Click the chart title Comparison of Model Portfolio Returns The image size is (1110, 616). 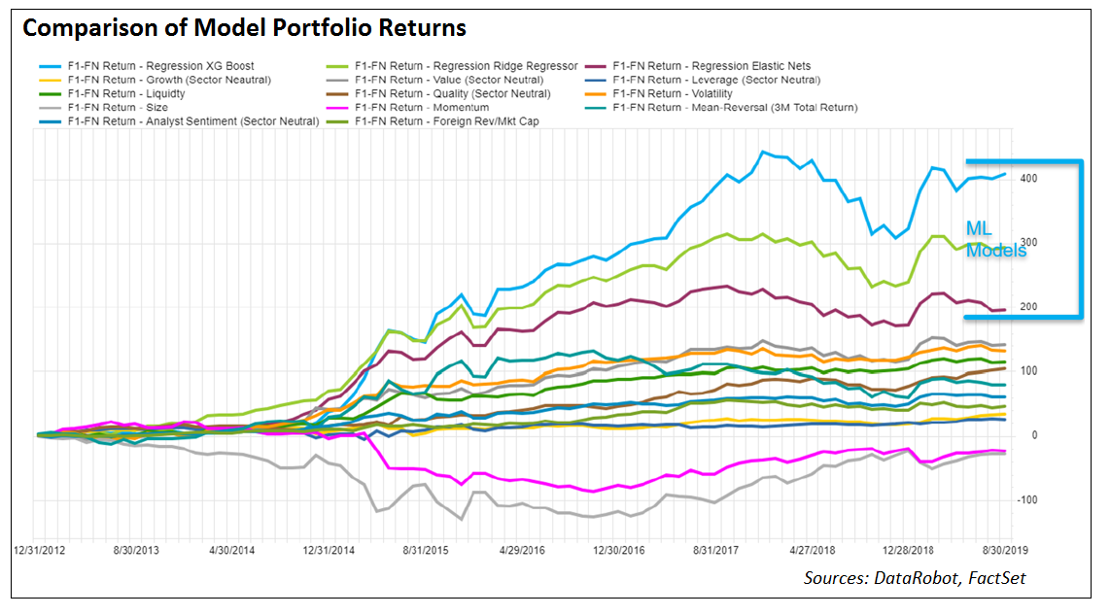pos(244,28)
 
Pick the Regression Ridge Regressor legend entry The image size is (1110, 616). pos(467,66)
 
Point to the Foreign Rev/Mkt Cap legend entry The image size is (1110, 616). pos(446,121)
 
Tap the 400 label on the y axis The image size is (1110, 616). pos(1027,179)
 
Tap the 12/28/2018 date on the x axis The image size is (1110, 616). pos(910,549)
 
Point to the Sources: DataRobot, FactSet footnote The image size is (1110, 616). pos(914,578)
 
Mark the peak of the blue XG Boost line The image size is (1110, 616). pos(764,153)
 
